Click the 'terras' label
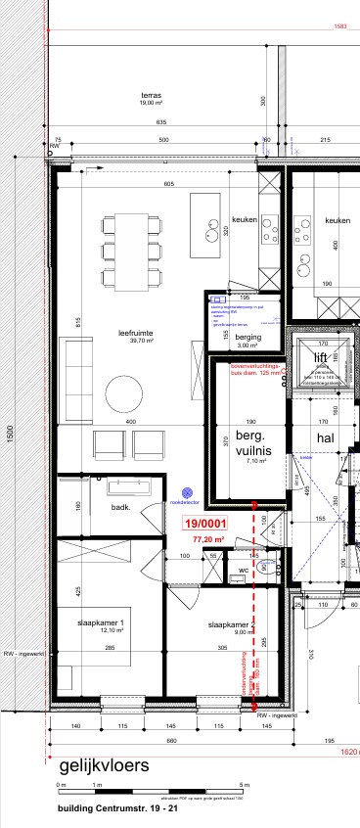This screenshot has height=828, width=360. pos(150,95)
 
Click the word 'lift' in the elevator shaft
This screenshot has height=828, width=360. pos(320,357)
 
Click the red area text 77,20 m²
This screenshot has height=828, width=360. pos(208,538)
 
